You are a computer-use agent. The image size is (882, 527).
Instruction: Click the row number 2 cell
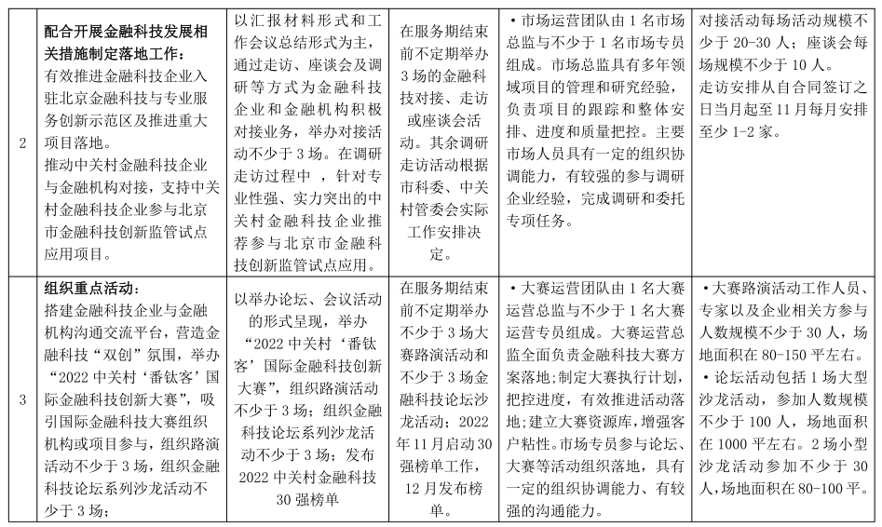click(22, 142)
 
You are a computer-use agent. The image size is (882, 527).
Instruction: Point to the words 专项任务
click(555, 221)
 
